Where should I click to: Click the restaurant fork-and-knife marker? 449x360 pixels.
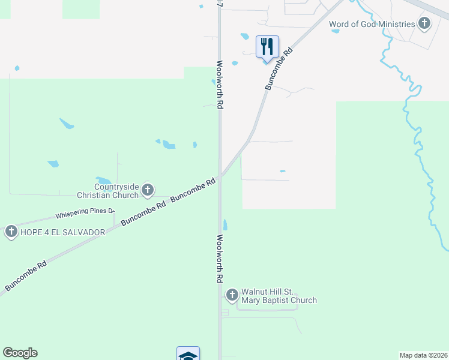coord(267,46)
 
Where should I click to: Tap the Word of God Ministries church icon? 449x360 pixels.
coord(424,24)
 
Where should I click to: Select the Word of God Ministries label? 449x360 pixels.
coord(372,24)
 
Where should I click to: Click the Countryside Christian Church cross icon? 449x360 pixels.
coord(148,191)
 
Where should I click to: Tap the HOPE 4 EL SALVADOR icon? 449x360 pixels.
coord(11,232)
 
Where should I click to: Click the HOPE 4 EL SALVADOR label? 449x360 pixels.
coord(62,232)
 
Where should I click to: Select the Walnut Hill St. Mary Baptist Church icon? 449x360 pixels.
coord(232,295)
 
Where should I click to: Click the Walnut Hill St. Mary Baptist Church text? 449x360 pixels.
coord(279,296)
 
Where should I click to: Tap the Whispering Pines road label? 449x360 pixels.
coord(85,213)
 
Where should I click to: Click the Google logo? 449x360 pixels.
coord(20,353)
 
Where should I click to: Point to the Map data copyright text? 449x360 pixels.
coord(424,355)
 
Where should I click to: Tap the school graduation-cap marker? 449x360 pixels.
coord(188,355)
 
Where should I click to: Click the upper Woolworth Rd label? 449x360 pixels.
coord(220,84)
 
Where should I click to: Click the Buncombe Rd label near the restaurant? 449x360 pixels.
coord(279,70)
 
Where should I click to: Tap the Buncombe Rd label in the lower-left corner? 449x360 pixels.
coord(25,276)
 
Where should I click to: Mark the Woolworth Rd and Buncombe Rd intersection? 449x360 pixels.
coord(220,175)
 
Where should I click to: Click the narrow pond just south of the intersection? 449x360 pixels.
coord(225,225)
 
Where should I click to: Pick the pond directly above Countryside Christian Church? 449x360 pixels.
coord(103,181)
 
